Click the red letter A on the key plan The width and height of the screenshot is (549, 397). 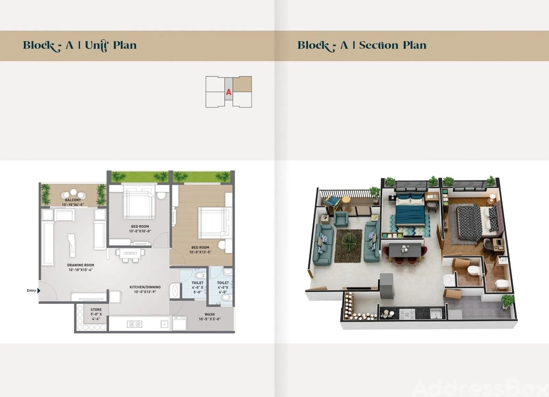[x=229, y=92]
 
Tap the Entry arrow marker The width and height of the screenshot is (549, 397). [x=39, y=291]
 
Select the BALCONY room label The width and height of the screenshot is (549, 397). [x=73, y=200]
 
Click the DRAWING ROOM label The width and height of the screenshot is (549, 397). [x=81, y=265]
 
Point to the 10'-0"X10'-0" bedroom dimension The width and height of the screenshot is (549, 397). [x=140, y=231]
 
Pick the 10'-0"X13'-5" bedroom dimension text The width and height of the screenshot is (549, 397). [x=200, y=252]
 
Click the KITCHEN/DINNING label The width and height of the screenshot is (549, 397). [x=145, y=287]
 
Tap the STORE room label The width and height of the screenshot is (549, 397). [x=96, y=310]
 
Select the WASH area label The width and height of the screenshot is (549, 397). [x=210, y=314]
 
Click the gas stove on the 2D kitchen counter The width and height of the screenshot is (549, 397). [x=135, y=324]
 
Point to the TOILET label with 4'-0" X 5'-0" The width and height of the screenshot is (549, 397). [x=198, y=283]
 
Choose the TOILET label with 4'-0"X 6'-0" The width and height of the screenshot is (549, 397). [x=223, y=283]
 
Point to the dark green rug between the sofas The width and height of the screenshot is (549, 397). [x=348, y=246]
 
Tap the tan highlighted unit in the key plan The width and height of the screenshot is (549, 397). [x=242, y=84]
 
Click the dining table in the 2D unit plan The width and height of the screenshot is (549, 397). [x=130, y=252]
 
